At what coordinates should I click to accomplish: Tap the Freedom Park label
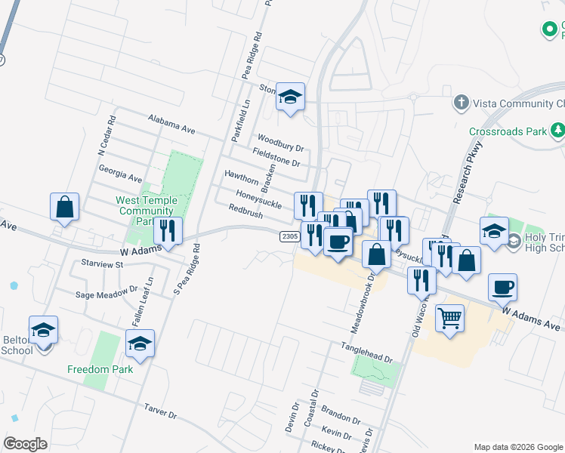[100, 369]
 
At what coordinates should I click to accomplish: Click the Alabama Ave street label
[172, 123]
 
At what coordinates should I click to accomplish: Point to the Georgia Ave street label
[120, 174]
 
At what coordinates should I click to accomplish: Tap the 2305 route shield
[290, 236]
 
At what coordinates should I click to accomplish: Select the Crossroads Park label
[508, 131]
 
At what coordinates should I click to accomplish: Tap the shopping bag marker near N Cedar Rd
[65, 206]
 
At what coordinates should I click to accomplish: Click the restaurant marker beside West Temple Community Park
[168, 231]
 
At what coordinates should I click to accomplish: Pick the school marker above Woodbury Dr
[290, 97]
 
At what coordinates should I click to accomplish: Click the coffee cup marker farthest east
[502, 288]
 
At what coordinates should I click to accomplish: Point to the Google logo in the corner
[25, 443]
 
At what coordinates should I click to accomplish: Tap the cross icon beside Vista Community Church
[461, 102]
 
